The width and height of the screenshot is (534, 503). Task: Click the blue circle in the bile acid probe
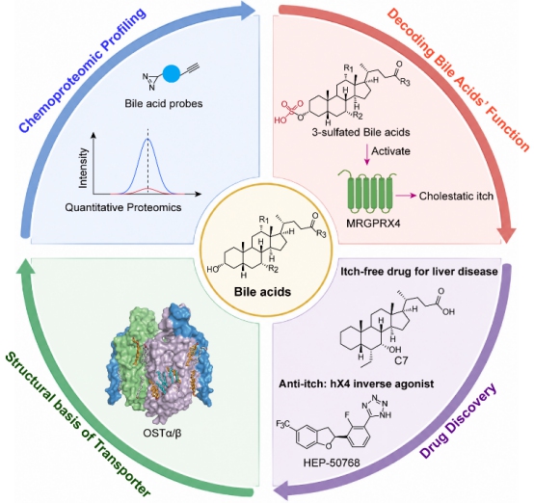171,73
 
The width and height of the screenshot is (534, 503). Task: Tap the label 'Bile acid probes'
164,103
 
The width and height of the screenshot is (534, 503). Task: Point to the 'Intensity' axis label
83,168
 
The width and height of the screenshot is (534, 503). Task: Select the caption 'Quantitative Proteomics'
123,207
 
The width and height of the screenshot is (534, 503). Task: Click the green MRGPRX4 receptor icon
367,192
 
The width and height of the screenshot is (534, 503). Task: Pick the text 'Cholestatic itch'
456,196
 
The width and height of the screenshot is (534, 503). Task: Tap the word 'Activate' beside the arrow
390,151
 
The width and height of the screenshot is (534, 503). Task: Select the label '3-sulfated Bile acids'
361,132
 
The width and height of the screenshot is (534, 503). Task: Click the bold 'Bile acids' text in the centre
262,292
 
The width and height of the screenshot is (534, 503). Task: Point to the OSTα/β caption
162,434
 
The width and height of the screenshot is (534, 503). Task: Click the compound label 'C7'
401,360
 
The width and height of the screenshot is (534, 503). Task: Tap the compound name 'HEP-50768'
332,463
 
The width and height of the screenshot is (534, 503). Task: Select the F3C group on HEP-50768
283,424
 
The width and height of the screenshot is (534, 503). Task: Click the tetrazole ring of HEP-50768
376,406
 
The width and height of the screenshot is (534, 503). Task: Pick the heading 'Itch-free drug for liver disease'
419,272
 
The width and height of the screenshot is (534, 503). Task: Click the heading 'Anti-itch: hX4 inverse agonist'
357,384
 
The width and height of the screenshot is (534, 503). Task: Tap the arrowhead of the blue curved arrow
248,9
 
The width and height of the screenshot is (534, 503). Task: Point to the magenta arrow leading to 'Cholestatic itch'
407,196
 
